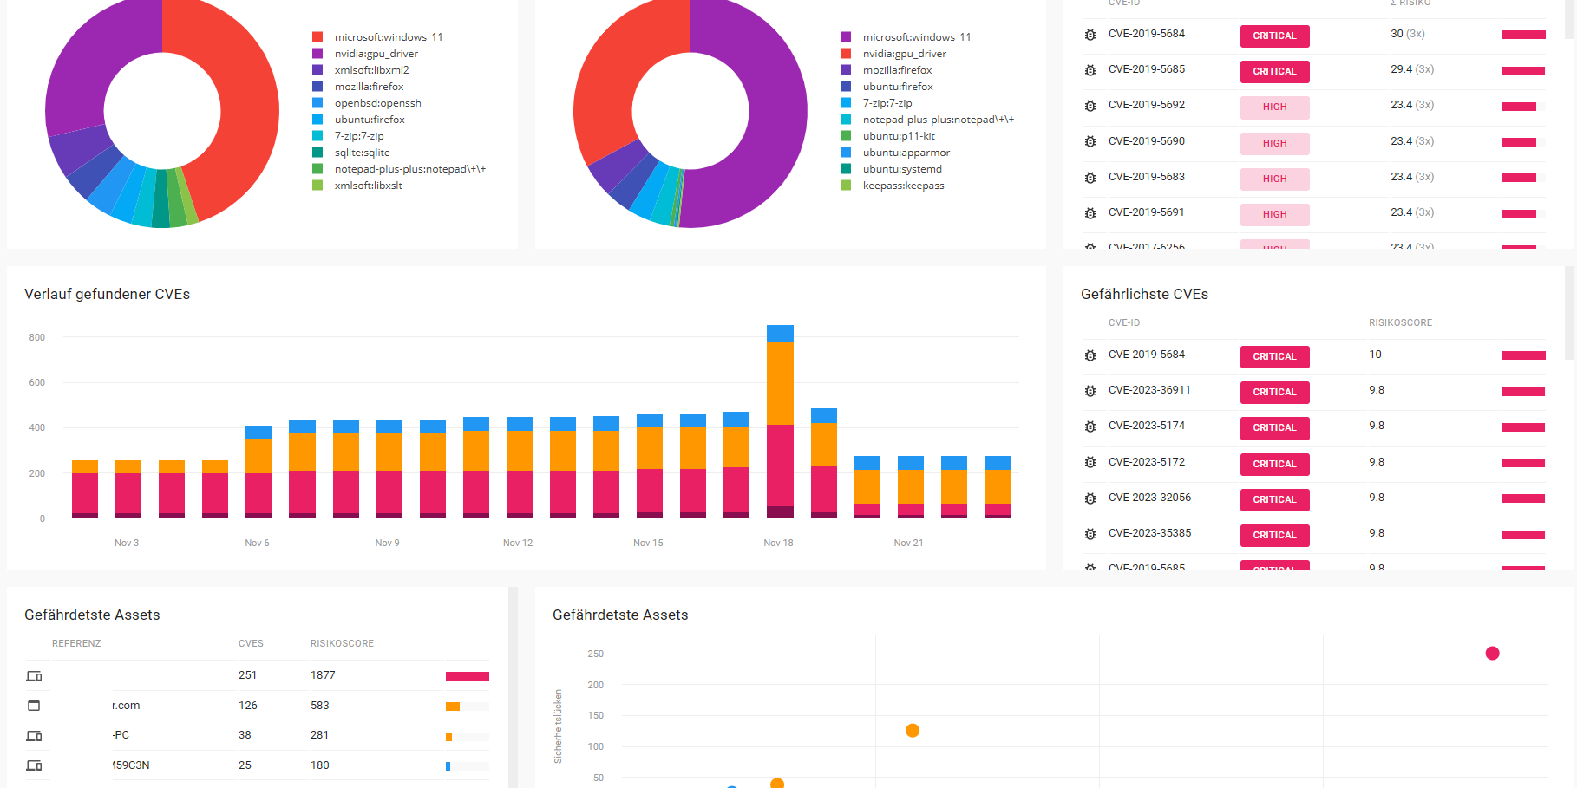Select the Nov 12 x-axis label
pyautogui.click(x=518, y=543)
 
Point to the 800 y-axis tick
pyautogui.click(x=36, y=337)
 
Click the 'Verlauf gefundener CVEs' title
pyautogui.click(x=107, y=294)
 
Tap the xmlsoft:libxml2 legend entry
pyautogui.click(x=371, y=70)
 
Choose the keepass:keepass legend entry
pyautogui.click(x=903, y=186)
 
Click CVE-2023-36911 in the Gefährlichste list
pyautogui.click(x=1148, y=390)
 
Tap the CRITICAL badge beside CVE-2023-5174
pyautogui.click(x=1274, y=427)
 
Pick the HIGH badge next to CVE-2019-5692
pyautogui.click(x=1274, y=107)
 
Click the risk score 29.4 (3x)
pyautogui.click(x=1411, y=69)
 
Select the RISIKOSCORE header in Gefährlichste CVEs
pyautogui.click(x=1400, y=322)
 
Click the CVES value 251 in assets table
pyautogui.click(x=247, y=674)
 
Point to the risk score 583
pyautogui.click(x=319, y=705)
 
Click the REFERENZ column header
pyautogui.click(x=76, y=643)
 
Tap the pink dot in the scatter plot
pyautogui.click(x=1492, y=654)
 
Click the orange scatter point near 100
pyautogui.click(x=913, y=731)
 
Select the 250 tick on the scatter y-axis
pyautogui.click(x=595, y=654)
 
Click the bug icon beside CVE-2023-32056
pyautogui.click(x=1090, y=498)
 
